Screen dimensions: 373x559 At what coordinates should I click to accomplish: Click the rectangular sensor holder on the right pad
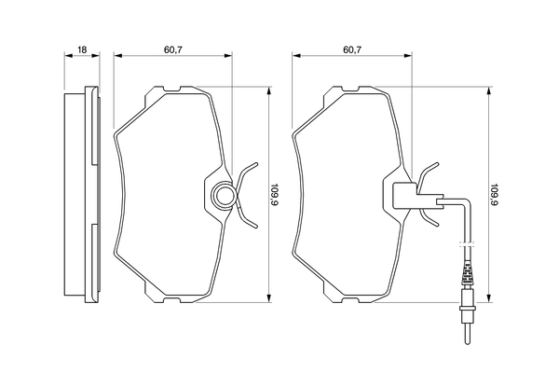coord(403,195)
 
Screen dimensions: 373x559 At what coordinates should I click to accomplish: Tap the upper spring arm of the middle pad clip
coord(247,173)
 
